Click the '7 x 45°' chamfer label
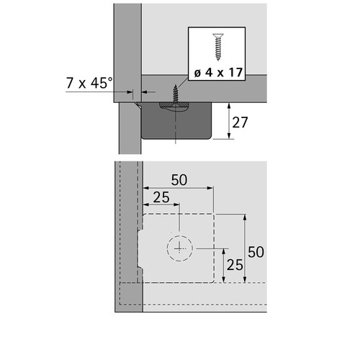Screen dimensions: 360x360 89,83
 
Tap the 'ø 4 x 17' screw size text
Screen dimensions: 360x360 218,72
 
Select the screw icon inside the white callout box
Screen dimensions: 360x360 218,47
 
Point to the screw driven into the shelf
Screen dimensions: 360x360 176,94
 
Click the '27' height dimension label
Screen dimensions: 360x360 240,122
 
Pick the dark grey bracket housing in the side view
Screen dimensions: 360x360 176,121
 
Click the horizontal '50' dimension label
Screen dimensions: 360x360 179,180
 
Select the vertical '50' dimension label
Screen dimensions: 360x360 256,252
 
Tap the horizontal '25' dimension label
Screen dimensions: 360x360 161,197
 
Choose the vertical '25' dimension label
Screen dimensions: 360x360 235,265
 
